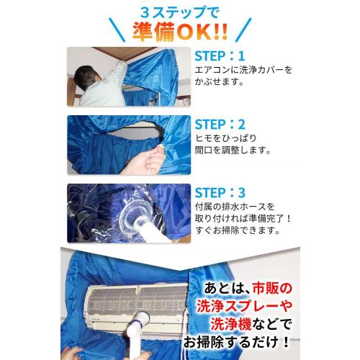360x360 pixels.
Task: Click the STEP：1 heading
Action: tap(220, 55)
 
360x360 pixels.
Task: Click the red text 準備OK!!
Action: tap(181, 32)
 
